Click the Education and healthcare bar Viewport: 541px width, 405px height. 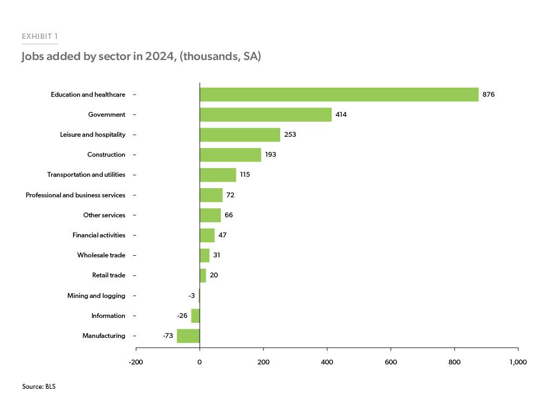339,95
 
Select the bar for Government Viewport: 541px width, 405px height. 265,115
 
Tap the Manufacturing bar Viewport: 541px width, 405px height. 188,336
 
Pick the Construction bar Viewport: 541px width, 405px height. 230,155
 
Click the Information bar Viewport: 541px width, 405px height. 195,316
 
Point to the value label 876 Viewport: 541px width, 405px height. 489,95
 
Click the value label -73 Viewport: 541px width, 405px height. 168,336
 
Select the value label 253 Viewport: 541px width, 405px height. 290,135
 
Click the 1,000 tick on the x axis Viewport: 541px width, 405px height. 518,362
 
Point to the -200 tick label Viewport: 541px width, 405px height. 136,362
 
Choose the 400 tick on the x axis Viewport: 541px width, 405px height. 327,362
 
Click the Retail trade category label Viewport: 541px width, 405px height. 109,275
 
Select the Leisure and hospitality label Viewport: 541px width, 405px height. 93,135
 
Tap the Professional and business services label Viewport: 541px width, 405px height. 75,195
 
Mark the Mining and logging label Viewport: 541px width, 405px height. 96,296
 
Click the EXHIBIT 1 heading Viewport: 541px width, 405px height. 39,37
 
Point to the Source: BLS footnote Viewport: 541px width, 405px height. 38,387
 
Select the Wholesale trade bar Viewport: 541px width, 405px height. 204,255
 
